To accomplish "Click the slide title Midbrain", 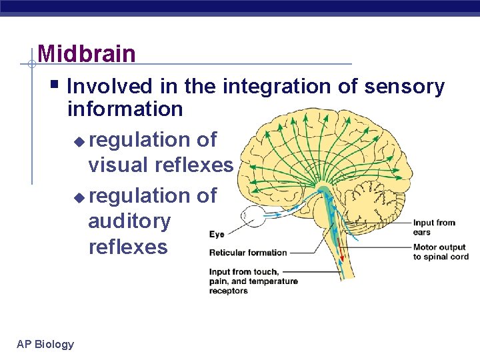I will coord(87,53).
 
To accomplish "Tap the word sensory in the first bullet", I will coord(406,87).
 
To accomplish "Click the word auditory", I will coord(129,221).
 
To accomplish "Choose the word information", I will coord(125,109).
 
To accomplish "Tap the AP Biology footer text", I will coord(45,344).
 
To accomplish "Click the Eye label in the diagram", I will coord(217,235).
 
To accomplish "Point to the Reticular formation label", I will coord(247,253).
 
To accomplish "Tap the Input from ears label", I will coord(434,227).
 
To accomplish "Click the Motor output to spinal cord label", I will coord(441,252).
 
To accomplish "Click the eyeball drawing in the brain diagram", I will coord(254,216).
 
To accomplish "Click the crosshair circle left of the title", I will coord(31,64).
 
